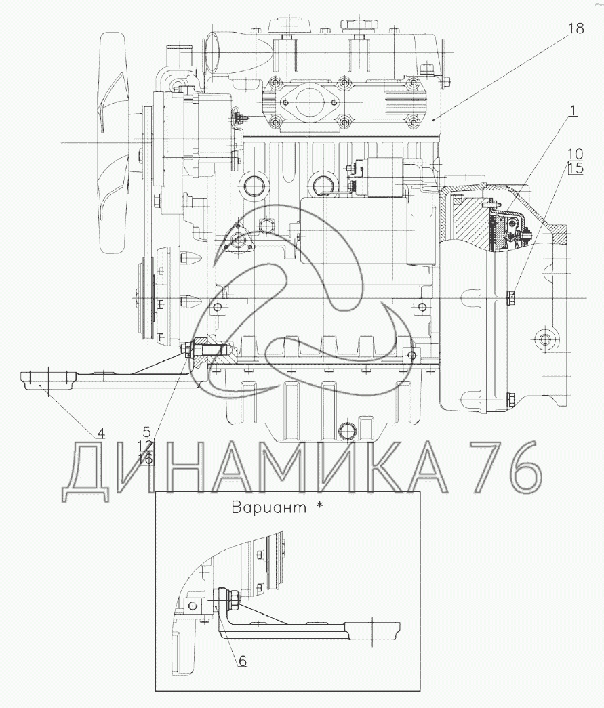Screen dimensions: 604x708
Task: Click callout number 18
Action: tap(576, 28)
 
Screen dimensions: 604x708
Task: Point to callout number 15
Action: tap(576, 169)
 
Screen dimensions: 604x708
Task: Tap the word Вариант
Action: tap(269, 507)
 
